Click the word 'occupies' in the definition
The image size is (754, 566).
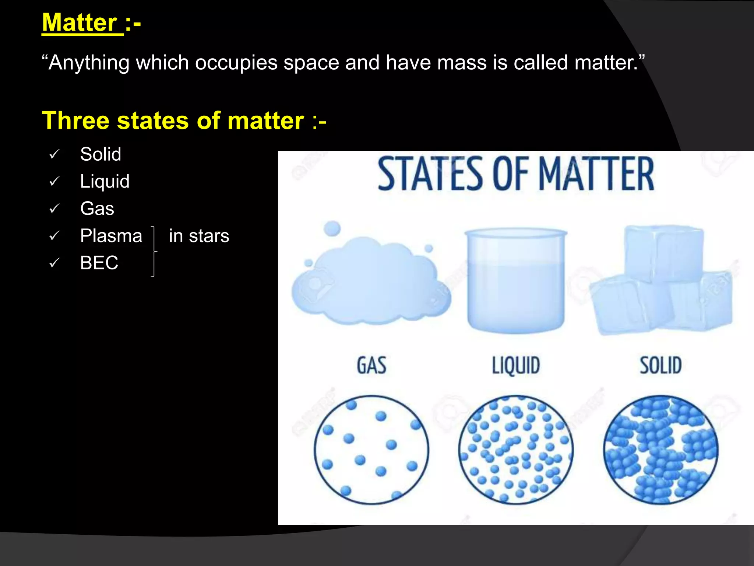pyautogui.click(x=236, y=63)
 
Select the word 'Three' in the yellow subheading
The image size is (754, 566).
pyautogui.click(x=75, y=120)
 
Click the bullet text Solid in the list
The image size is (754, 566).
pyautogui.click(x=101, y=154)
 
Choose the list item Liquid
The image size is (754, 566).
pyautogui.click(x=105, y=181)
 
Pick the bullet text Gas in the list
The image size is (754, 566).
pyautogui.click(x=97, y=209)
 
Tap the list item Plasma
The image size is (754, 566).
pyautogui.click(x=111, y=236)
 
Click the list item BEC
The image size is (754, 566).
pyautogui.click(x=99, y=263)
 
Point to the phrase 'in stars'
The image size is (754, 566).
pyautogui.click(x=199, y=236)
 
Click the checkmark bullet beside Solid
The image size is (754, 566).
pyautogui.click(x=54, y=154)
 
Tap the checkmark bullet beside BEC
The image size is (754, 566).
pyautogui.click(x=54, y=263)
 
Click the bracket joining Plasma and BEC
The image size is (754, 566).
pyautogui.click(x=154, y=251)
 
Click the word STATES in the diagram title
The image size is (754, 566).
pyautogui.click(x=430, y=174)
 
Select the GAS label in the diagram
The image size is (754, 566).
pyautogui.click(x=371, y=366)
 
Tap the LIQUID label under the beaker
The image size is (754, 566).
pyautogui.click(x=516, y=366)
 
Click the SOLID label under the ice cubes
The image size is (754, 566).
pyautogui.click(x=660, y=366)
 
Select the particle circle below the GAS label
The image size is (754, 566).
pyautogui.click(x=371, y=450)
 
